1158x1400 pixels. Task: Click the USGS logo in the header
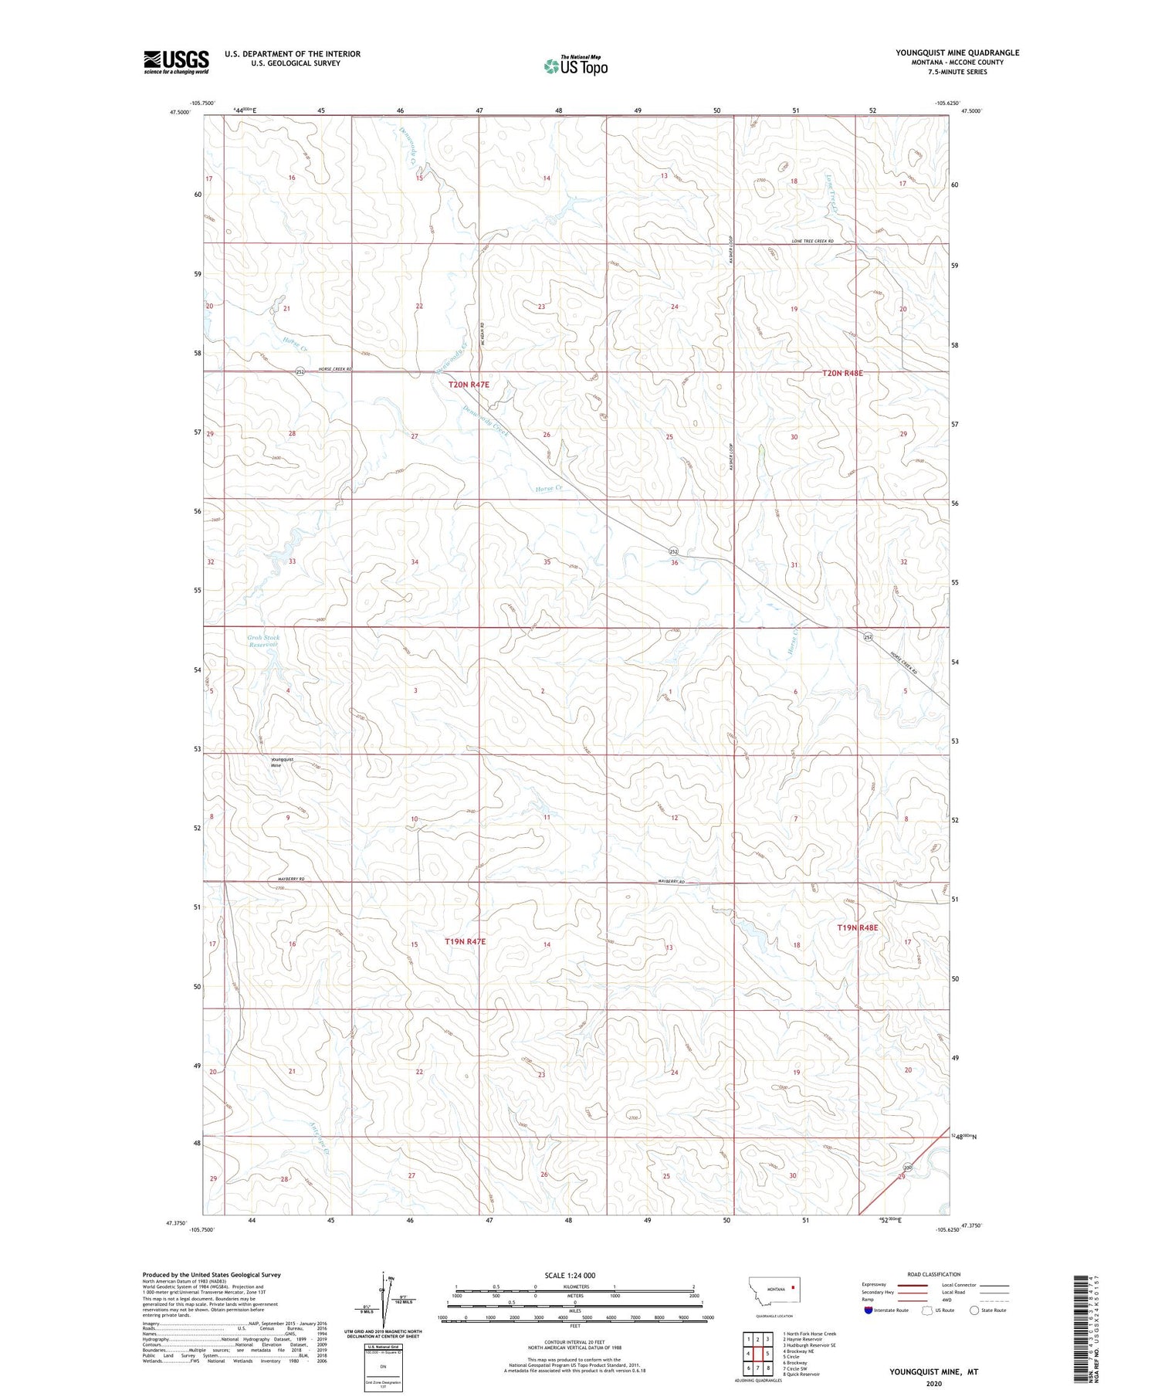click(x=176, y=62)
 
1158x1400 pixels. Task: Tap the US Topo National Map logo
click(x=576, y=66)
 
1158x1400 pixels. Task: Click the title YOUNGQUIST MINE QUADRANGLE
click(x=957, y=53)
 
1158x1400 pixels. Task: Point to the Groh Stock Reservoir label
click(x=263, y=641)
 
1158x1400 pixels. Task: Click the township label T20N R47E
click(x=469, y=384)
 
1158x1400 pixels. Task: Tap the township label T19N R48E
click(x=858, y=927)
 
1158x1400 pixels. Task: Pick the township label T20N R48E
click(x=841, y=373)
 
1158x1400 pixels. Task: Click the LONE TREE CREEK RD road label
click(x=813, y=242)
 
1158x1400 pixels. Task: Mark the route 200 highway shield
click(x=908, y=1168)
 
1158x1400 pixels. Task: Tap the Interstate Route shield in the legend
click(x=869, y=1310)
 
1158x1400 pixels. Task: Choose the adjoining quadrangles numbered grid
click(x=757, y=1353)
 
